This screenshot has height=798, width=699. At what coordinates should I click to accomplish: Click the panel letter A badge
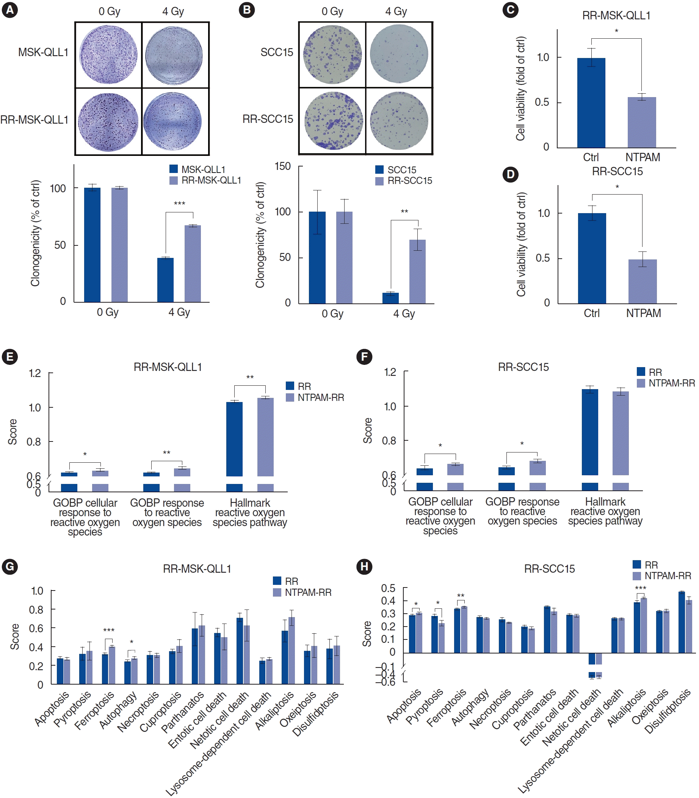point(10,10)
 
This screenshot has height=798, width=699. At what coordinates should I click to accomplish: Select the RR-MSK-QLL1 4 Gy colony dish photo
point(173,121)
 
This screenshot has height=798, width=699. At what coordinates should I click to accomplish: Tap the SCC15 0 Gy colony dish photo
point(332,55)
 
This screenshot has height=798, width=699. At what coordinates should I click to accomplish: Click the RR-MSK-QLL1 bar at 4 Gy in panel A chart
point(193,264)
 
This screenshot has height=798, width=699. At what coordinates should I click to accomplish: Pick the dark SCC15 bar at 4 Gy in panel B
point(390,298)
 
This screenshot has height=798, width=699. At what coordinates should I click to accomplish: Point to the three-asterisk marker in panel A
point(179,203)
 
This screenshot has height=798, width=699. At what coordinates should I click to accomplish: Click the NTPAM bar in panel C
point(642,122)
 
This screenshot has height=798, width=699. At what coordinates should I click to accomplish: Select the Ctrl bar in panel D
point(592,258)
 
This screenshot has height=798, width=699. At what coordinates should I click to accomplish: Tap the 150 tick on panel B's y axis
point(283,167)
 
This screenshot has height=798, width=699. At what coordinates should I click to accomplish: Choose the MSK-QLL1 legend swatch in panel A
point(174,169)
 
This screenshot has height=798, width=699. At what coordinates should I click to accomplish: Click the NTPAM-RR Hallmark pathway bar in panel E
point(265,437)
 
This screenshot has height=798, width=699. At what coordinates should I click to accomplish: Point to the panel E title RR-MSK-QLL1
point(168,367)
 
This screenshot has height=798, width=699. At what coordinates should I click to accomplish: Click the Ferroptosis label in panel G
point(94,711)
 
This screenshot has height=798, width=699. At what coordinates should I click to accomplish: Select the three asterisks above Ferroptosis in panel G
point(109,630)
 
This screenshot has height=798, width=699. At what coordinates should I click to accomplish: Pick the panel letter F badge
point(364,357)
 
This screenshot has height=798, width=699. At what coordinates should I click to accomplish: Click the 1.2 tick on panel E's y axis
point(35,374)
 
